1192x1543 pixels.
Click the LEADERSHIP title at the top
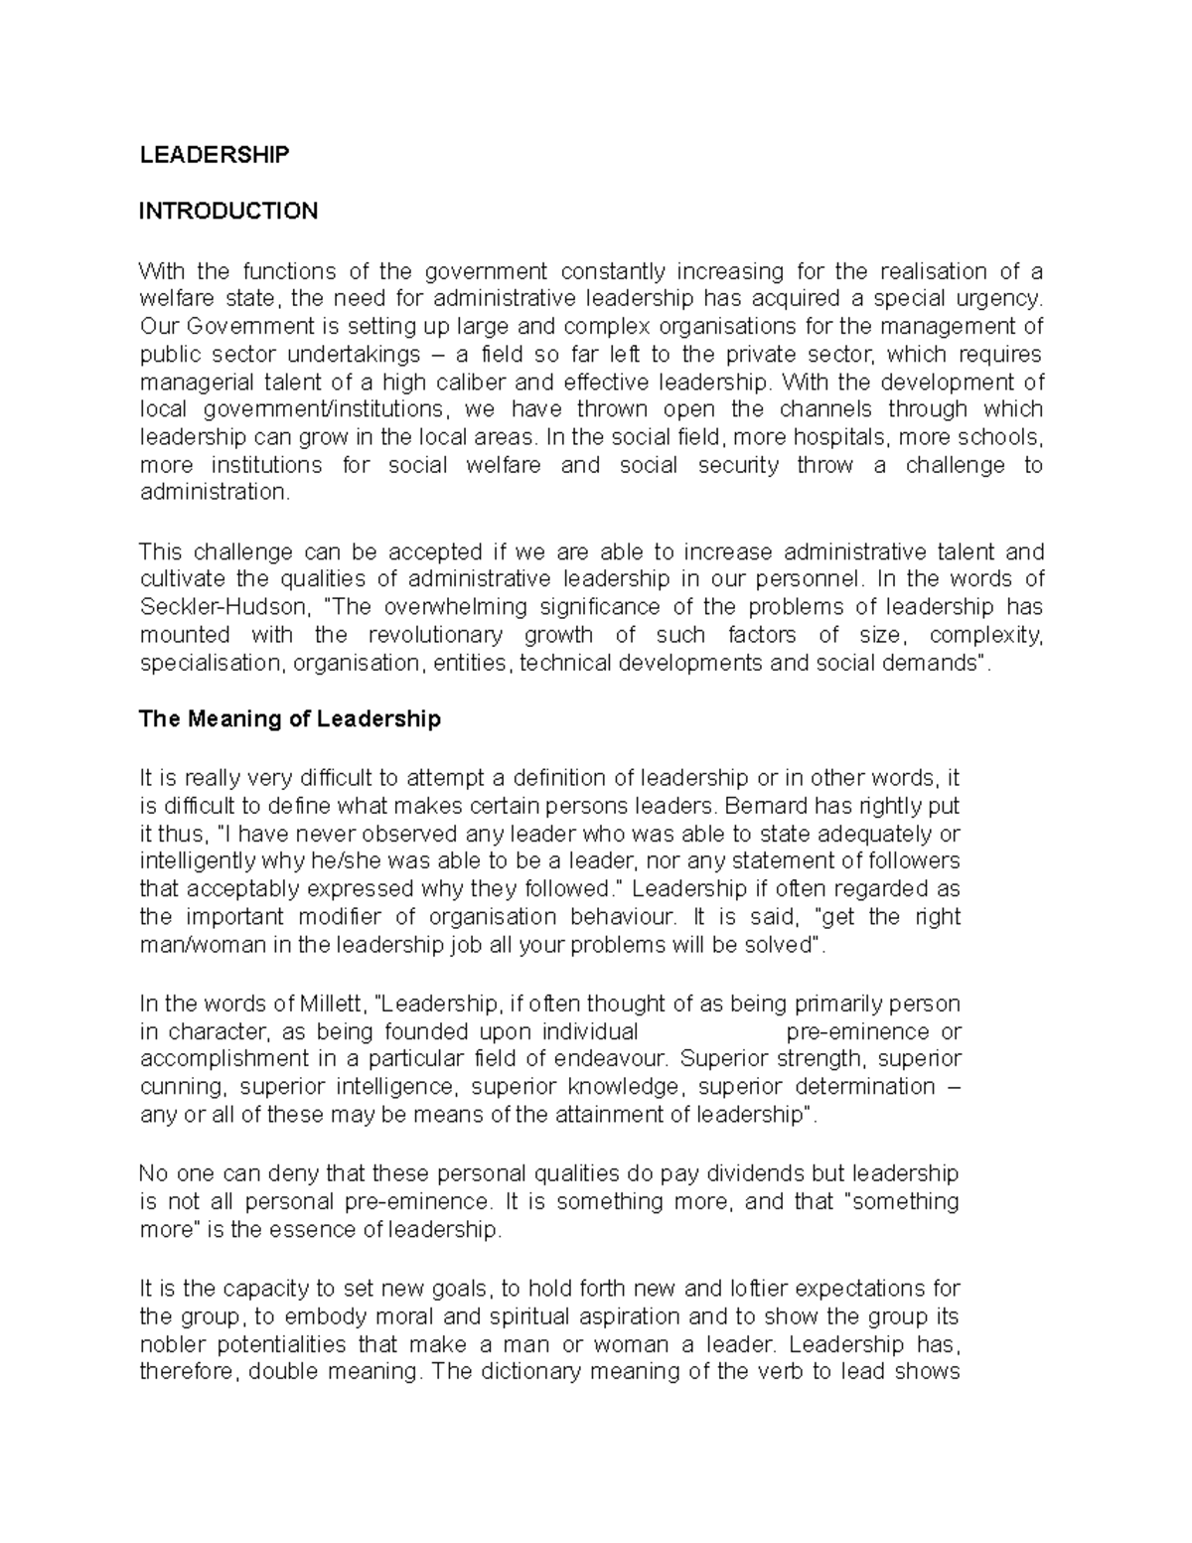[214, 154]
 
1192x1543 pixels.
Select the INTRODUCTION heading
[228, 211]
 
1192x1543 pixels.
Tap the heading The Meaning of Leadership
[289, 719]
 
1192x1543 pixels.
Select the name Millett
[330, 1003]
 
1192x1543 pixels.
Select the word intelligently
[199, 861]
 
